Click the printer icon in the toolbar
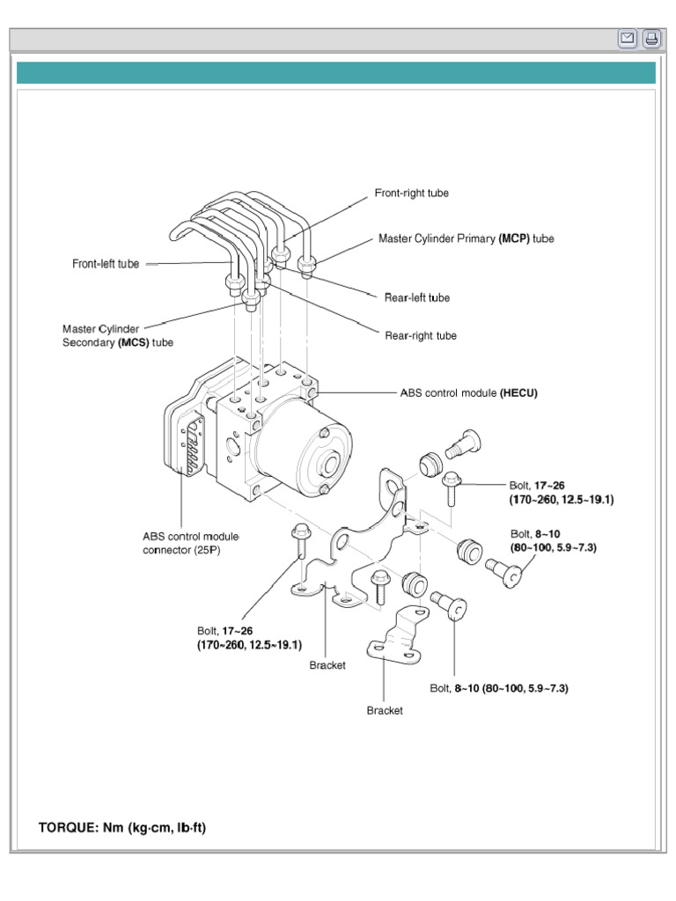[651, 39]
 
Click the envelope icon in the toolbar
[628, 39]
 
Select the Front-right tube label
[412, 194]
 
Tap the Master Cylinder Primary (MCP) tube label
[466, 238]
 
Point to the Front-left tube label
[106, 264]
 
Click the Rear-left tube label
[416, 297]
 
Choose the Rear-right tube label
[420, 335]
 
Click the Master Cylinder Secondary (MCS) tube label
[118, 335]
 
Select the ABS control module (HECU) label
[468, 393]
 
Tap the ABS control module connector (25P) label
[190, 544]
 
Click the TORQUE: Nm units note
[122, 828]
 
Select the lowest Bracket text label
[385, 710]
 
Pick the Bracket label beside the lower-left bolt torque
[327, 665]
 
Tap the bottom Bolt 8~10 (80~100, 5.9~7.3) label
[498, 688]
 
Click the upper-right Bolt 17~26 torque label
[561, 493]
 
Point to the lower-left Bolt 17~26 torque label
[249, 638]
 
